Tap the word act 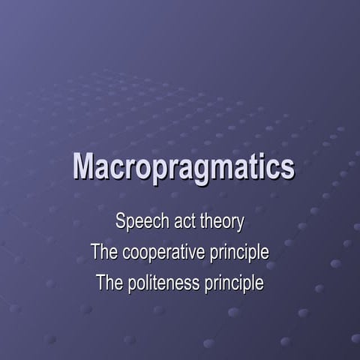tap(184, 222)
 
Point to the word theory tap(222, 222)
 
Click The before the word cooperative tap(103, 253)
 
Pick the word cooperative tap(161, 253)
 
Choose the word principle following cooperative tap(238, 253)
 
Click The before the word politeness tap(109, 284)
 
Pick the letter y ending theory tap(241, 224)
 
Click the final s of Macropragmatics tap(288, 169)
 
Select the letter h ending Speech tap(159, 222)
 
